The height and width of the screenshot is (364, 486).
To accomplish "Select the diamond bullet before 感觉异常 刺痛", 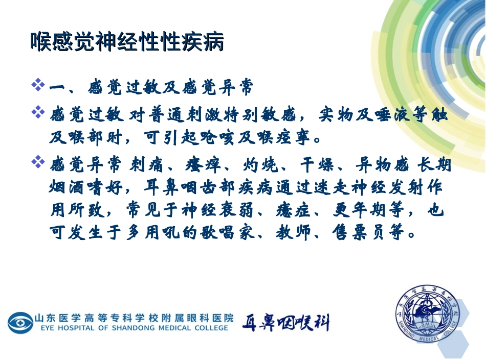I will coord(38,163).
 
